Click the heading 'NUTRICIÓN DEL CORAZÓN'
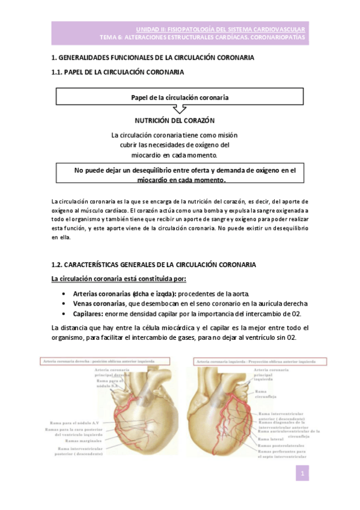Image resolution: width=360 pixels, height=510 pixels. (x=175, y=121)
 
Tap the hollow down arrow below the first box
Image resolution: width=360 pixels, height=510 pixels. (x=179, y=109)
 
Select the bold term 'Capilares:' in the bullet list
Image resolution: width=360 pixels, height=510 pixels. (x=90, y=313)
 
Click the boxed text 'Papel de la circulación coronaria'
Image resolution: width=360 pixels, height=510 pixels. (x=179, y=96)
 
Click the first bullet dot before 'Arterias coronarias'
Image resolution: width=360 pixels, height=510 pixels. (x=64, y=293)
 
